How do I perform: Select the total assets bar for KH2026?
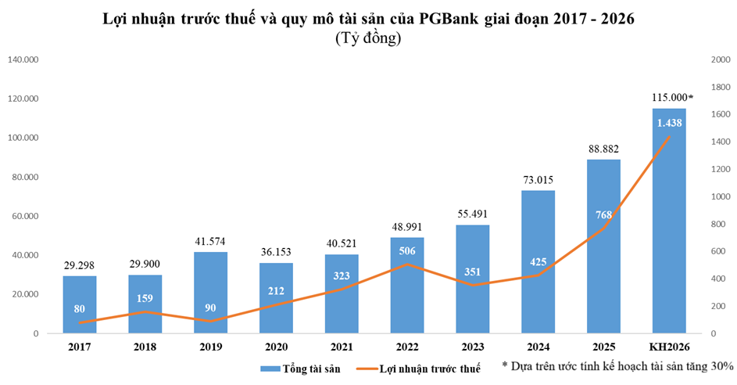(669, 235)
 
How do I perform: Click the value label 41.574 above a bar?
(211, 242)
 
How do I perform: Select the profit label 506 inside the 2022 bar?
(407, 251)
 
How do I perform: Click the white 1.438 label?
(669, 123)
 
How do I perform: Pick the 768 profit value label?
(603, 215)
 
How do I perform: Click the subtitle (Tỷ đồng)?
(368, 38)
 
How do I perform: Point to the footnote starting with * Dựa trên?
(618, 365)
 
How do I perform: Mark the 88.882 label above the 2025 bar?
(603, 149)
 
